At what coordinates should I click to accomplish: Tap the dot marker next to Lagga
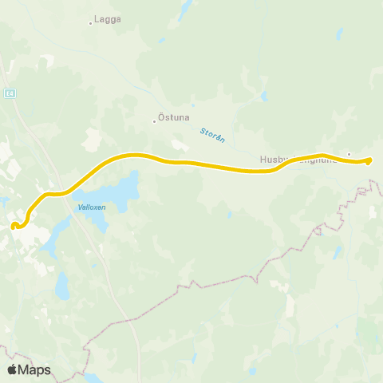coord(90,23)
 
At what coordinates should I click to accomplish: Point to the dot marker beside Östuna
coord(154,122)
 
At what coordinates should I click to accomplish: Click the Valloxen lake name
coord(92,207)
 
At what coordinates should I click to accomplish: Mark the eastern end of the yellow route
coord(369,161)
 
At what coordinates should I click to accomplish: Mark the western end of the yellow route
coord(14,226)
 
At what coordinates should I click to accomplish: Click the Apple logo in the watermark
coord(12,369)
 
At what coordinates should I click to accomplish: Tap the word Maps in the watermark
coord(34,369)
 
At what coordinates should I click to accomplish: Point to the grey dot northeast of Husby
coord(349,153)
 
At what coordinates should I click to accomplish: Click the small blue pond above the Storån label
coord(264,97)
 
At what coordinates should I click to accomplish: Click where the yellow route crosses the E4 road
coord(64,192)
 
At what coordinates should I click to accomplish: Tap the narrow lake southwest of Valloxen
coord(49,241)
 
